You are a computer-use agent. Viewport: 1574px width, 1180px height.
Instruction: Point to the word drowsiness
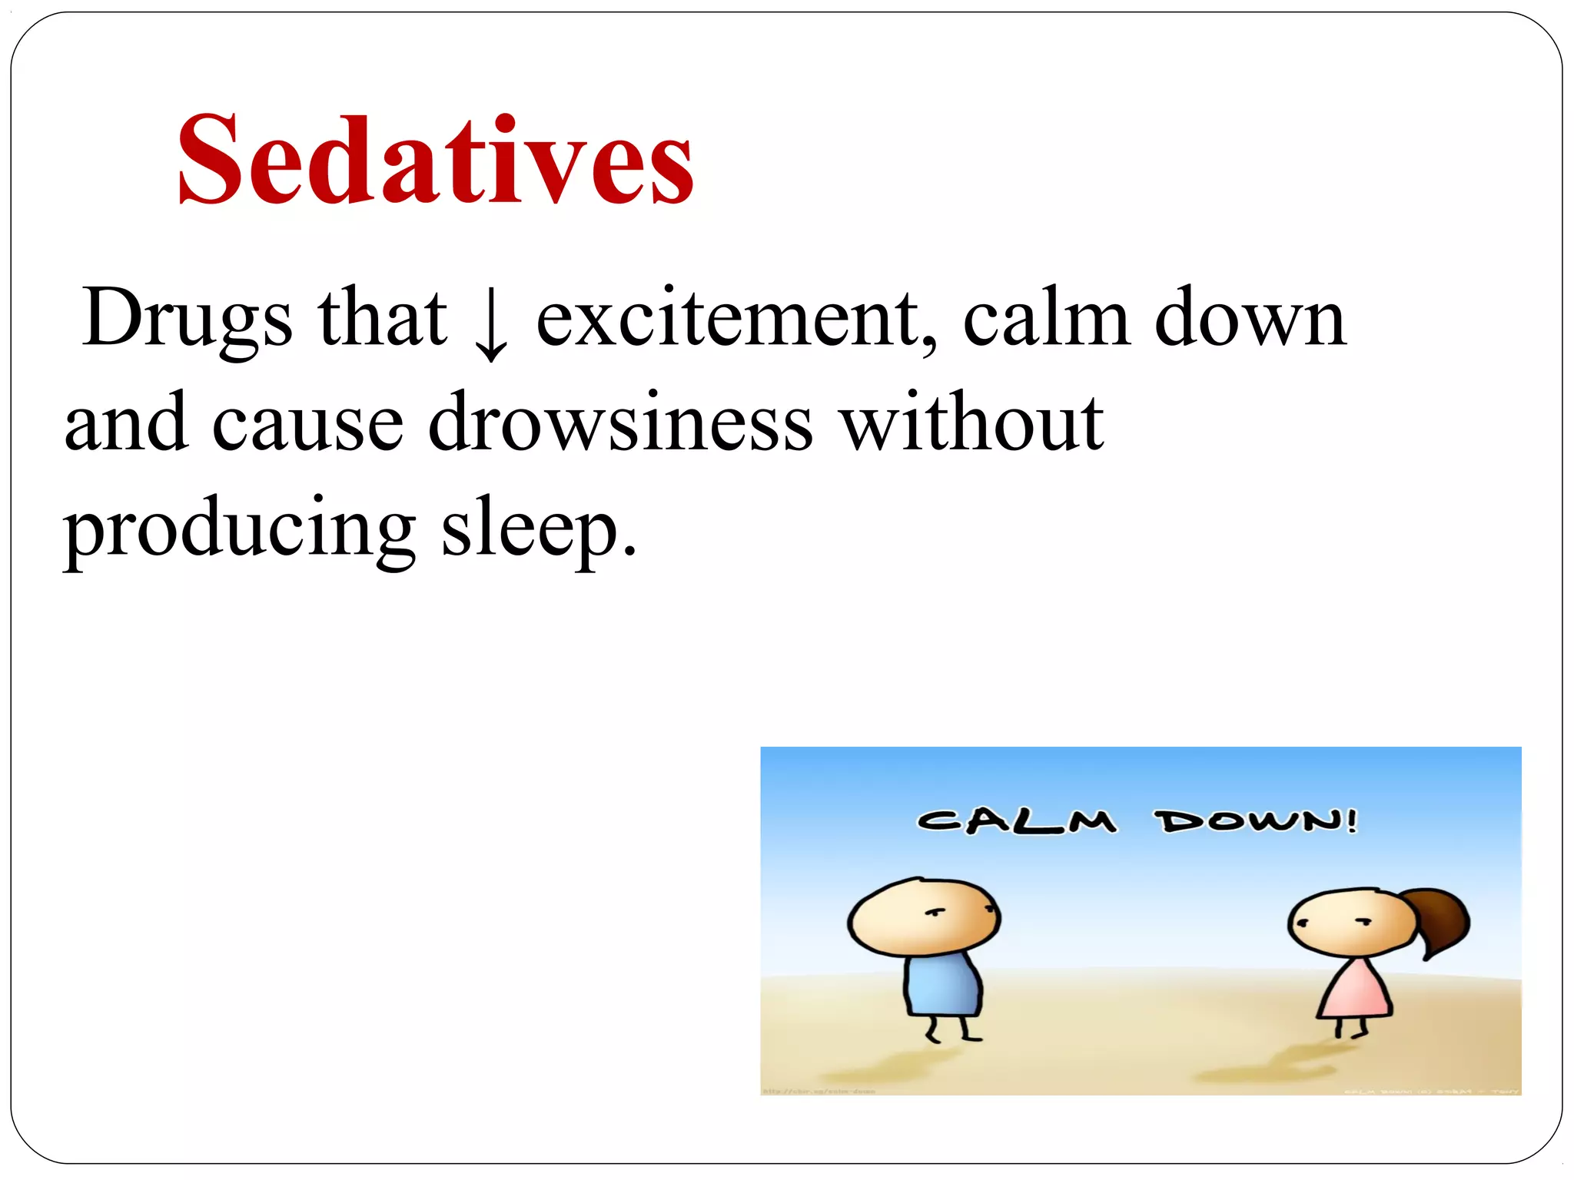pyautogui.click(x=619, y=423)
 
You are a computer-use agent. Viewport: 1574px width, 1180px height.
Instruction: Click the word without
pyautogui.click(x=971, y=423)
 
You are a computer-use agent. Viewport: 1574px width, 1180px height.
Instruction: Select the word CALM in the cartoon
pyautogui.click(x=1017, y=821)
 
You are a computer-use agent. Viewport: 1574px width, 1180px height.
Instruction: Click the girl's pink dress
pyautogui.click(x=1354, y=991)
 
